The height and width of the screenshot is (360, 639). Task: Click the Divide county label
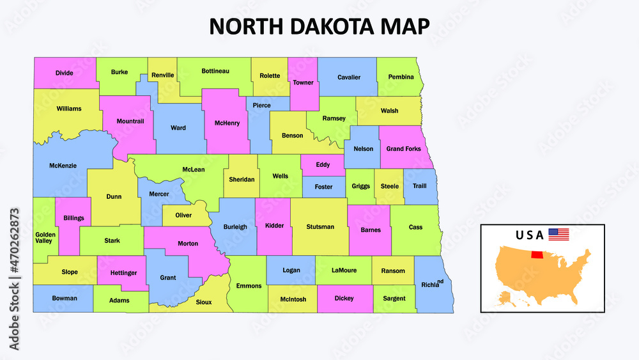[x=64, y=73]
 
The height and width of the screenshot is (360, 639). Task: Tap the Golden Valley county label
[x=45, y=237]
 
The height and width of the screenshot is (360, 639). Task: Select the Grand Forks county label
[x=403, y=149]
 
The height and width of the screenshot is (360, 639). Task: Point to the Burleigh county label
[x=235, y=227]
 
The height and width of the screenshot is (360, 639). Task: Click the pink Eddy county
[x=323, y=165]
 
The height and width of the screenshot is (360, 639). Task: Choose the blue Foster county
[x=323, y=187]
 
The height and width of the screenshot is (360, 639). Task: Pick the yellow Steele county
[x=389, y=187]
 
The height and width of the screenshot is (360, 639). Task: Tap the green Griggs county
[x=360, y=187]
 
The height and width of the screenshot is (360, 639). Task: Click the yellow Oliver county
[x=183, y=215]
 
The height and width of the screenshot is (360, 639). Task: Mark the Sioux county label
[x=204, y=302]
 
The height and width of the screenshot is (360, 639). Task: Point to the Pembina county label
[x=401, y=77]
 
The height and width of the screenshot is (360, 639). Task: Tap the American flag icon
[x=558, y=235]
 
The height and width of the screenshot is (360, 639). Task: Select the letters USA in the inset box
[x=530, y=235]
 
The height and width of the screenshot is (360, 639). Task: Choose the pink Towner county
[x=303, y=82]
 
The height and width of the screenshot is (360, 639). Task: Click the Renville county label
[x=163, y=75]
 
